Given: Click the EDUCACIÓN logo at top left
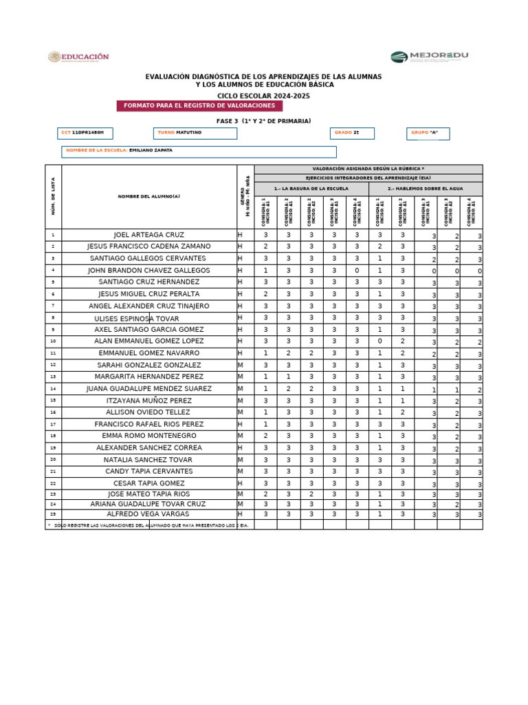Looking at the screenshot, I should (x=78, y=57).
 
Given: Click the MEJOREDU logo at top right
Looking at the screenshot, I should (x=429, y=57).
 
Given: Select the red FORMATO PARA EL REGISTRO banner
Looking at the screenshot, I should (x=199, y=105).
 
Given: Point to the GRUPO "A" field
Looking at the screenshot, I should (x=428, y=133).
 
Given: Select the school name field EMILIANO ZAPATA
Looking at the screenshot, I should (x=199, y=151).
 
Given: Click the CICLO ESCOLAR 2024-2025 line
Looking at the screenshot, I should (x=263, y=95).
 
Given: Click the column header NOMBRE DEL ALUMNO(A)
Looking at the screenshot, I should (x=149, y=196).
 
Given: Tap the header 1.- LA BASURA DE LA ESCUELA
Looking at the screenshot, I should (x=311, y=188).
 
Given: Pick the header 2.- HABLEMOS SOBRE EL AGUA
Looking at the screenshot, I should (x=426, y=188).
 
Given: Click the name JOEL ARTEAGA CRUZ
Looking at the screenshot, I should (x=149, y=235).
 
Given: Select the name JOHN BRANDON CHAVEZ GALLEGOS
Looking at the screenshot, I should (x=149, y=271).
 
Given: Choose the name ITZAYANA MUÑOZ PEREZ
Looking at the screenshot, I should (x=149, y=400).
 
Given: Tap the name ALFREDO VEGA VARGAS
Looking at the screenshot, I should (x=149, y=514).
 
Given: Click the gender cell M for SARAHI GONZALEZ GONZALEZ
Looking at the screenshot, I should (x=241, y=365).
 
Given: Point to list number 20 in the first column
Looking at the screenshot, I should (x=53, y=459).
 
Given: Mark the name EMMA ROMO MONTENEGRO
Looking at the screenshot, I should (x=149, y=436).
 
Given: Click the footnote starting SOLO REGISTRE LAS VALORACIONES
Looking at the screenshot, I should (x=149, y=525).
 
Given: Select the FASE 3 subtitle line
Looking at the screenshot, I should (x=263, y=120).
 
